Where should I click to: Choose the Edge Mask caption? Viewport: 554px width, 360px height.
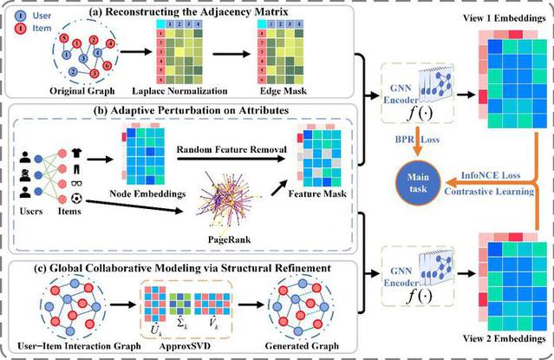click(289, 89)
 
